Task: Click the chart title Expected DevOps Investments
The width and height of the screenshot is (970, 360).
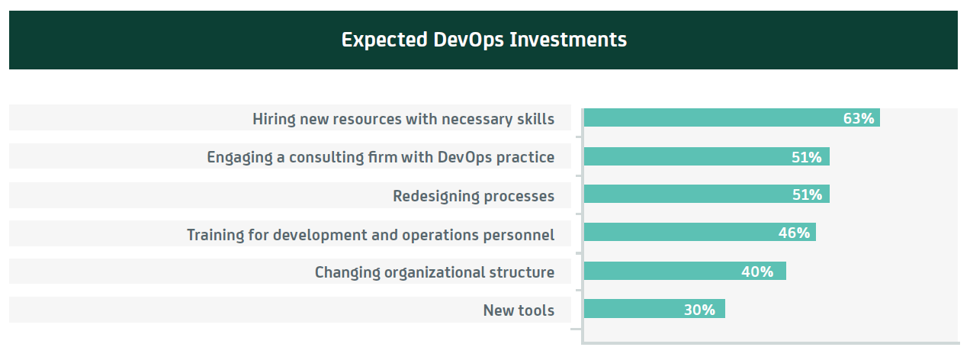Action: point(483,40)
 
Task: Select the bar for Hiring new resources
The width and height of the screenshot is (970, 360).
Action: point(732,117)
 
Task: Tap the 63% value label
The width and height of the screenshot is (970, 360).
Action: point(858,118)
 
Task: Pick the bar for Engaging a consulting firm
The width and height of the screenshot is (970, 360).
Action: point(707,156)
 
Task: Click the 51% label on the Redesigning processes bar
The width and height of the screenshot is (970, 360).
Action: point(807,194)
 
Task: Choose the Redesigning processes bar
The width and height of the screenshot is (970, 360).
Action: point(707,194)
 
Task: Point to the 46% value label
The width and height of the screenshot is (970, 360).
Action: point(794,233)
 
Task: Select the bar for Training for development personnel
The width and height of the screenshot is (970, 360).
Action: point(700,232)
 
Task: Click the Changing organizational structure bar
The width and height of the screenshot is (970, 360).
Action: point(685,271)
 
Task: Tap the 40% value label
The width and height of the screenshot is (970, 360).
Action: point(757,272)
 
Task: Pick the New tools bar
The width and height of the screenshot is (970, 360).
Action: point(654,308)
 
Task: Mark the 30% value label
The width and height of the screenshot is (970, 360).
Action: point(699,310)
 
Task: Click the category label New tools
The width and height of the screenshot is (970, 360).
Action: point(519,310)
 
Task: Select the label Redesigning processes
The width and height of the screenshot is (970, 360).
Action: point(474,196)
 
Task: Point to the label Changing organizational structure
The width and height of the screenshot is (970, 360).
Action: point(435,272)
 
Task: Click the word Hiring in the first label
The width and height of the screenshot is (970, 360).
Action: point(274,119)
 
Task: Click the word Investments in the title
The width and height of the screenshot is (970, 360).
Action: point(568,40)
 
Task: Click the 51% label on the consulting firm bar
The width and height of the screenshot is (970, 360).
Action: point(806,157)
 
